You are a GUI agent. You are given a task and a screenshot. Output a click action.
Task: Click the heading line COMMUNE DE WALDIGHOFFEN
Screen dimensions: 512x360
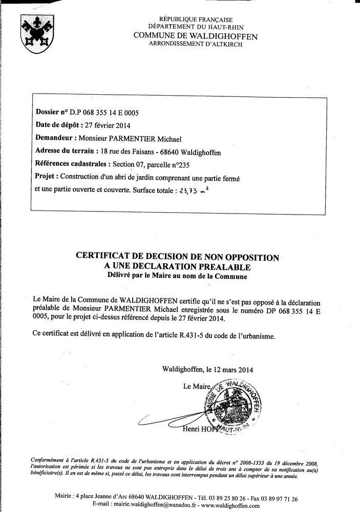(x=195, y=36)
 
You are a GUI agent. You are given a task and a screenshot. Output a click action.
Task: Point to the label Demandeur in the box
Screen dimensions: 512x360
(x=56, y=138)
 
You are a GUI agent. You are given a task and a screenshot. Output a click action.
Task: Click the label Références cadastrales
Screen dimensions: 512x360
(x=72, y=164)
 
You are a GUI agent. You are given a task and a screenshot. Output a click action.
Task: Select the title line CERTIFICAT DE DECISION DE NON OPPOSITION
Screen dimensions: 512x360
(x=178, y=258)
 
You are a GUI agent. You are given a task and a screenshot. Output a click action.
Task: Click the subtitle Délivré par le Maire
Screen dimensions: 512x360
(x=177, y=276)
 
